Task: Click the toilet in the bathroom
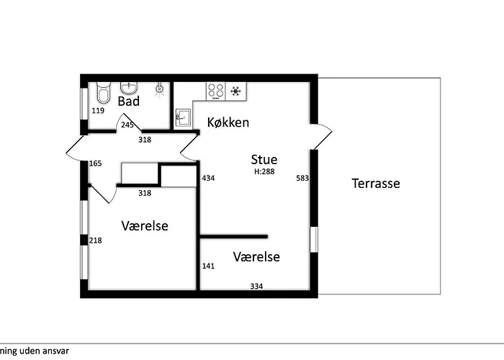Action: tap(104, 93)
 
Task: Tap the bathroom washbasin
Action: tap(129, 88)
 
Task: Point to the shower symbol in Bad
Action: tap(159, 89)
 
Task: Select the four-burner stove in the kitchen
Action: tap(216, 91)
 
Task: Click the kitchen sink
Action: tap(183, 119)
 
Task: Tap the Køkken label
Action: tap(228, 122)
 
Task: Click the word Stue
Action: tap(264, 159)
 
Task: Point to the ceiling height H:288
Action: tap(264, 171)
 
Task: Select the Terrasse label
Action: tap(376, 183)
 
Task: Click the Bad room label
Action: tap(129, 102)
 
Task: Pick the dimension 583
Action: tap(302, 178)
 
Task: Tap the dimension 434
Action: tap(208, 178)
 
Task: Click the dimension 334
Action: tap(256, 286)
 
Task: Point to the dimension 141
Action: tap(208, 266)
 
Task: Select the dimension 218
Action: tap(96, 240)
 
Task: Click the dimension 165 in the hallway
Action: tap(96, 163)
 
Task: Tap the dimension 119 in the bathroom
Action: tap(98, 111)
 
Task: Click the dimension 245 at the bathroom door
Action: tap(127, 125)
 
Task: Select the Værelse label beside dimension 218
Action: tap(145, 225)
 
